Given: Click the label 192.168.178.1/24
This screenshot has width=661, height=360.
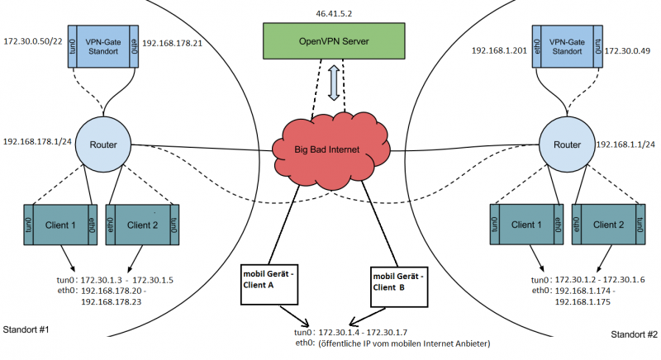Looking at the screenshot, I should coord(37,141).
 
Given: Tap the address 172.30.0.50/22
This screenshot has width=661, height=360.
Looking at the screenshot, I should coord(34,40).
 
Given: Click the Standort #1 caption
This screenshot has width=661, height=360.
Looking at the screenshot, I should coord(27,330).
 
